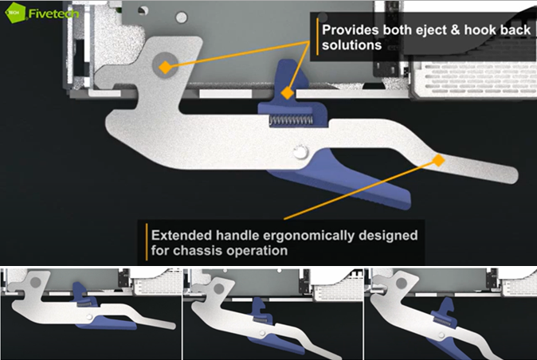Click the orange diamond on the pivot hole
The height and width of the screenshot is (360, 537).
tap(163, 68)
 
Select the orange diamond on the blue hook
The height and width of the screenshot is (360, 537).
tap(286, 92)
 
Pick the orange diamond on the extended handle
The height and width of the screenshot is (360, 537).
tap(437, 160)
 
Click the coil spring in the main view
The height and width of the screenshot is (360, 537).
tap(291, 120)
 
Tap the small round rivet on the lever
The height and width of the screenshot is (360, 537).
tap(300, 151)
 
